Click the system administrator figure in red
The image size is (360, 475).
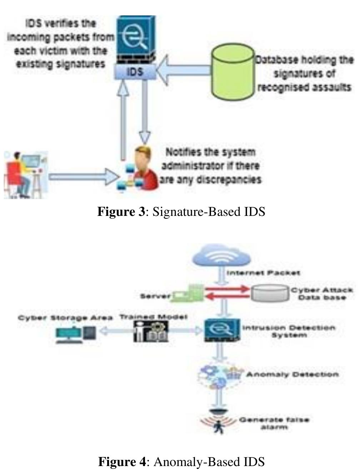click(143, 168)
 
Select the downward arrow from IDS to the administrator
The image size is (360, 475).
click(145, 111)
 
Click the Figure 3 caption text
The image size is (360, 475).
click(181, 212)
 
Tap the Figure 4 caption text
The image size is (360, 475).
click(181, 461)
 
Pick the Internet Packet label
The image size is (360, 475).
click(264, 273)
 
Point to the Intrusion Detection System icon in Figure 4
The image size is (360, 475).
click(221, 331)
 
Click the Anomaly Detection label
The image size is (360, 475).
click(292, 375)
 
